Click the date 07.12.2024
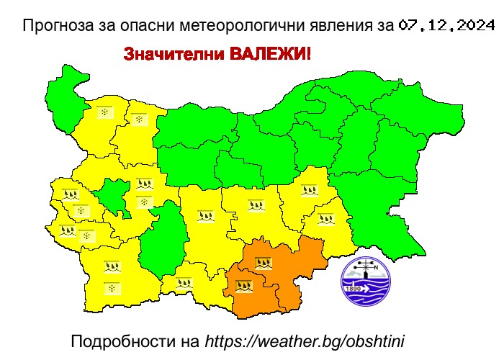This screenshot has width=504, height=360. (446, 27)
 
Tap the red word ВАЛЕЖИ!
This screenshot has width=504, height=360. (270, 54)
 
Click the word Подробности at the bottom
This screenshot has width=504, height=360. (121, 340)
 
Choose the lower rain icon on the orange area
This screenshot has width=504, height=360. (245, 285)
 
